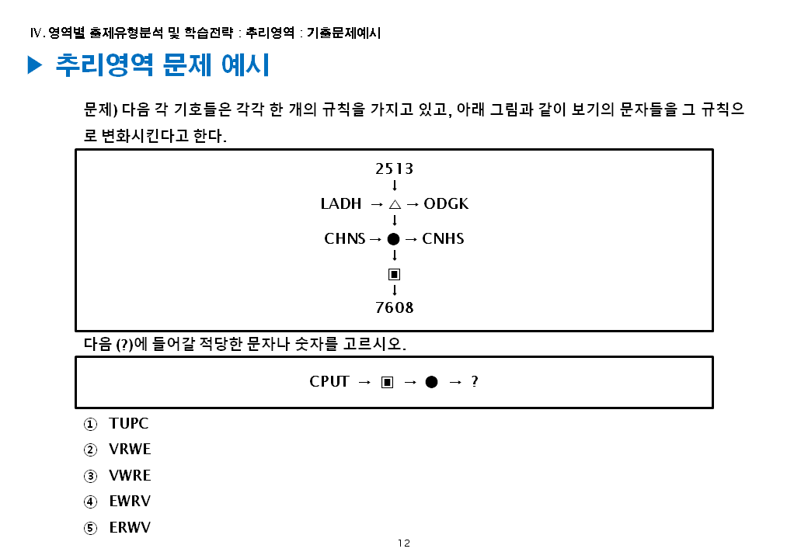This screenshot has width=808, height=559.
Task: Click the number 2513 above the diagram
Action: coord(394,168)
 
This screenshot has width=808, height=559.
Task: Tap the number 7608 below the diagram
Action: coord(394,307)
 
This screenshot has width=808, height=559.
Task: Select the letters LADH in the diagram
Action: coord(341,204)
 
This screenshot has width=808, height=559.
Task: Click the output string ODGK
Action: coord(447,204)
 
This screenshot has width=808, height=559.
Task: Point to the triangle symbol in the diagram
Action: coord(395,204)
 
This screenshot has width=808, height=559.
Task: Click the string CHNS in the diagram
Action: coord(344,238)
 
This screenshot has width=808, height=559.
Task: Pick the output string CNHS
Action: coord(444,238)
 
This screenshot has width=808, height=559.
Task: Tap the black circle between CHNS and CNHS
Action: coord(394,239)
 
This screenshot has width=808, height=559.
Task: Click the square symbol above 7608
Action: coord(394,274)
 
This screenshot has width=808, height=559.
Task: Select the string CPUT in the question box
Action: coord(329,381)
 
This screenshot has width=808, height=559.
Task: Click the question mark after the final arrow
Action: coord(475,381)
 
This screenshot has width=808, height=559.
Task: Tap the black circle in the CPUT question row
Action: coord(431,382)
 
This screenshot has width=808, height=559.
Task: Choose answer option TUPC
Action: coord(129,424)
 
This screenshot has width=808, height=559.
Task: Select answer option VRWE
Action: coord(130,450)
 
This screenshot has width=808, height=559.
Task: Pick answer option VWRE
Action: coord(130,475)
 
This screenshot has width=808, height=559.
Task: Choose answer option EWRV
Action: coord(130,502)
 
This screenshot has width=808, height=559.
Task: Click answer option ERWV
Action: coord(130,528)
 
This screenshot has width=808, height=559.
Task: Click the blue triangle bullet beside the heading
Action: coord(34,66)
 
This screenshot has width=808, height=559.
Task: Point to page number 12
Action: coord(403,543)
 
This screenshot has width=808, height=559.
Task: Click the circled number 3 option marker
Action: coord(91,476)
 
